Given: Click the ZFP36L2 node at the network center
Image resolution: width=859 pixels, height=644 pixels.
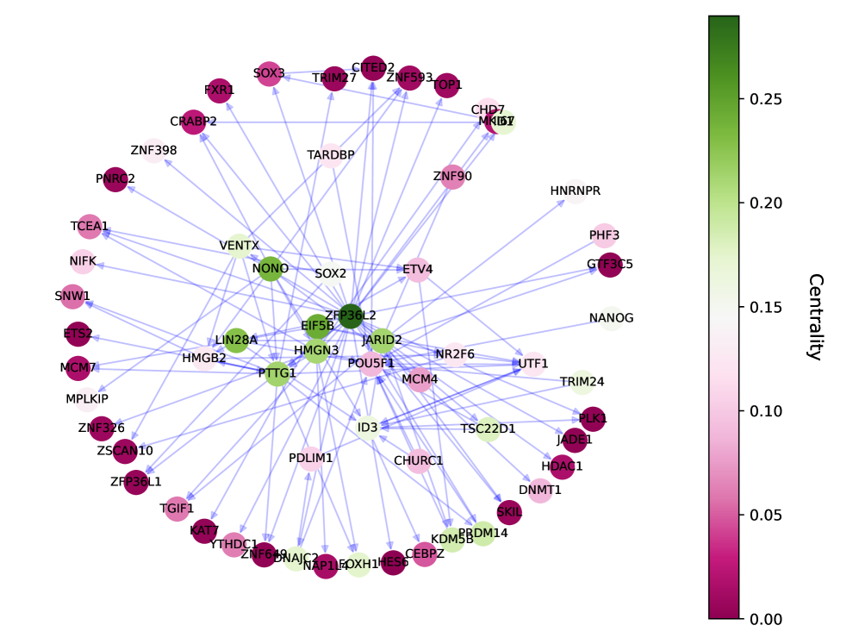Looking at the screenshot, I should (350, 316).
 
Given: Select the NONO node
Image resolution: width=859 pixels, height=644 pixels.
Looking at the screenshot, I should (271, 268).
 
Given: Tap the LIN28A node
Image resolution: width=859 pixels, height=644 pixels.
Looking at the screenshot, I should (236, 340).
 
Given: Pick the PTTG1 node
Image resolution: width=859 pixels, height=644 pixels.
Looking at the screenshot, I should (277, 373).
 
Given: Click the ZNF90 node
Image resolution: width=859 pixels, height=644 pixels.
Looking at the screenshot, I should (452, 178).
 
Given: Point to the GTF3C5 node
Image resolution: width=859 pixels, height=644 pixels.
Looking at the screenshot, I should (609, 265).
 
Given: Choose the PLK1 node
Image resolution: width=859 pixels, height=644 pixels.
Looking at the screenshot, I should (593, 419).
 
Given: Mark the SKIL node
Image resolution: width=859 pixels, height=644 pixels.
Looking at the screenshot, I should (509, 512).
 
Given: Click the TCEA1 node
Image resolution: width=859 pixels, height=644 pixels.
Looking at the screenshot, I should (90, 227).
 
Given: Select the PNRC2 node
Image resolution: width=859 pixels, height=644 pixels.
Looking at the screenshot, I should (115, 179).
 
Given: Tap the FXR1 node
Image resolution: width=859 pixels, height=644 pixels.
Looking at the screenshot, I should (220, 90).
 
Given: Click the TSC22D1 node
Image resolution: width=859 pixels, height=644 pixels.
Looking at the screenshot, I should (488, 428).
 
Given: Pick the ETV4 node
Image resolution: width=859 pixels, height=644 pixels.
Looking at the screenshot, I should (417, 270).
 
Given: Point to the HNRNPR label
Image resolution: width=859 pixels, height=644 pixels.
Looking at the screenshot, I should (575, 191).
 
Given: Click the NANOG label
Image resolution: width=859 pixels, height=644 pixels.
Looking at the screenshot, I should (611, 318).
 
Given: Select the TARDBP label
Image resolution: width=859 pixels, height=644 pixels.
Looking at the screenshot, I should (331, 155).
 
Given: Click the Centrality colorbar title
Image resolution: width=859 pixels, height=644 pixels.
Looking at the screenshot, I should (814, 316).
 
